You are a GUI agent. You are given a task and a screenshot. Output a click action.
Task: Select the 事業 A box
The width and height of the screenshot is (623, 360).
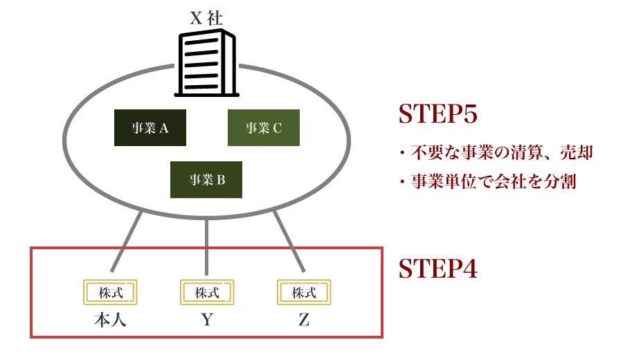(x=150, y=128)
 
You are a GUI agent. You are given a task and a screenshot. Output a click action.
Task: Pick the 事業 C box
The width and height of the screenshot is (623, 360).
(x=264, y=128)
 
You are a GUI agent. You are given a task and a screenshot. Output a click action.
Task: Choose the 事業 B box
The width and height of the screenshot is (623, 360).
(x=206, y=180)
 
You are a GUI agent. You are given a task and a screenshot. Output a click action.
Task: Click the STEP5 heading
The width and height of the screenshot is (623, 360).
(x=437, y=115)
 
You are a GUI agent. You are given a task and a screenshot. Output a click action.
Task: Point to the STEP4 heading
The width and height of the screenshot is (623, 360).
(x=437, y=269)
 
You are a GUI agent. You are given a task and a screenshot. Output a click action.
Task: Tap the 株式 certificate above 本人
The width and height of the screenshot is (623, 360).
(x=110, y=293)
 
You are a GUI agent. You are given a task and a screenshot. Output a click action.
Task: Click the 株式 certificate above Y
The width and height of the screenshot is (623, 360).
(x=207, y=293)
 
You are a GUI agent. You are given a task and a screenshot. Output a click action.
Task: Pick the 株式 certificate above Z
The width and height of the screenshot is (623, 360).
(x=304, y=293)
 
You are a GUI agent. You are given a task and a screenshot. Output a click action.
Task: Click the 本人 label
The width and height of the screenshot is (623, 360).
(x=110, y=321)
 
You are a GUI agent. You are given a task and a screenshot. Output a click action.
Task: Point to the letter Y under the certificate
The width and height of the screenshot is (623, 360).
(x=207, y=321)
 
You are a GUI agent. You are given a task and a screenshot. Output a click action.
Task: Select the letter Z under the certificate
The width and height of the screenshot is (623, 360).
(x=304, y=321)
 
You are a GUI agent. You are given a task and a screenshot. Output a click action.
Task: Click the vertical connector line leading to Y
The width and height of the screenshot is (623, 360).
(x=207, y=246)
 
